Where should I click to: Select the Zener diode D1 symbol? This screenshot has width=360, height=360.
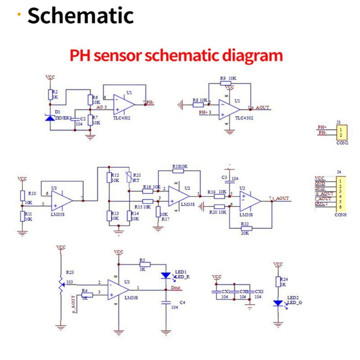[x=51, y=117]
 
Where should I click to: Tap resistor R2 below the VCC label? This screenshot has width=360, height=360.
[x=51, y=95]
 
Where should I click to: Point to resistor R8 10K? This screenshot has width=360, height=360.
[x=198, y=105]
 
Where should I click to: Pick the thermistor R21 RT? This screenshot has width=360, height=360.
[x=129, y=178]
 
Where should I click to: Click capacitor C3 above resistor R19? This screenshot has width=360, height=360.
[x=228, y=178]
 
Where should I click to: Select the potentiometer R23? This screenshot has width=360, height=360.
[x=61, y=283]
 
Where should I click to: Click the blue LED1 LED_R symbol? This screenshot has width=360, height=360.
[x=166, y=275]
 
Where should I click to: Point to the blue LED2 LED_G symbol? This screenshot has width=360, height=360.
[x=278, y=303]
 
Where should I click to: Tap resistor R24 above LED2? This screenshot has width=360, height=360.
[x=278, y=282]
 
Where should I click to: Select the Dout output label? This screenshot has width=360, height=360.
[x=176, y=288]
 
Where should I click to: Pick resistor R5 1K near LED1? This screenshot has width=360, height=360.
[x=144, y=264]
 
